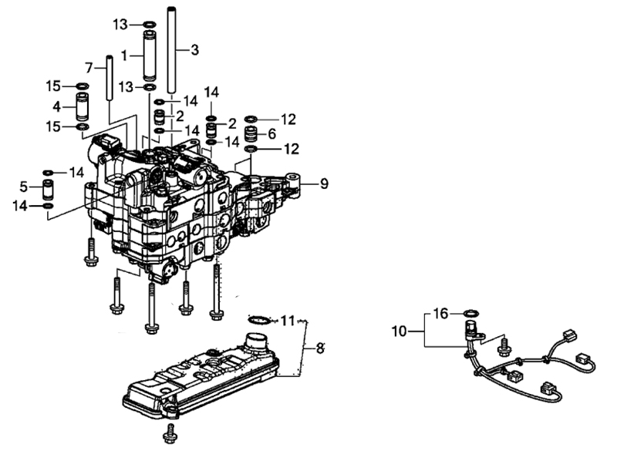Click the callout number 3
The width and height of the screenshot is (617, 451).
pos(194,50)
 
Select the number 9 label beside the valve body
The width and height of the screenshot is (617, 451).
pos(324,183)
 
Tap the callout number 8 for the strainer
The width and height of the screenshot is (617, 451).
pos(320,348)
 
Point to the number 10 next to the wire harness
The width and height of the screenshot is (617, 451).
pos(399,331)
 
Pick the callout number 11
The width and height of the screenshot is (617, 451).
pos(288,321)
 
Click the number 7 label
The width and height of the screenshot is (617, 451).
pos(89,68)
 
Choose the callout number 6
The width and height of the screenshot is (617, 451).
pos(272,134)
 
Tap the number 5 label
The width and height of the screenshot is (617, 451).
pos(24,187)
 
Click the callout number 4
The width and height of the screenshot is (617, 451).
pos(56,106)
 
